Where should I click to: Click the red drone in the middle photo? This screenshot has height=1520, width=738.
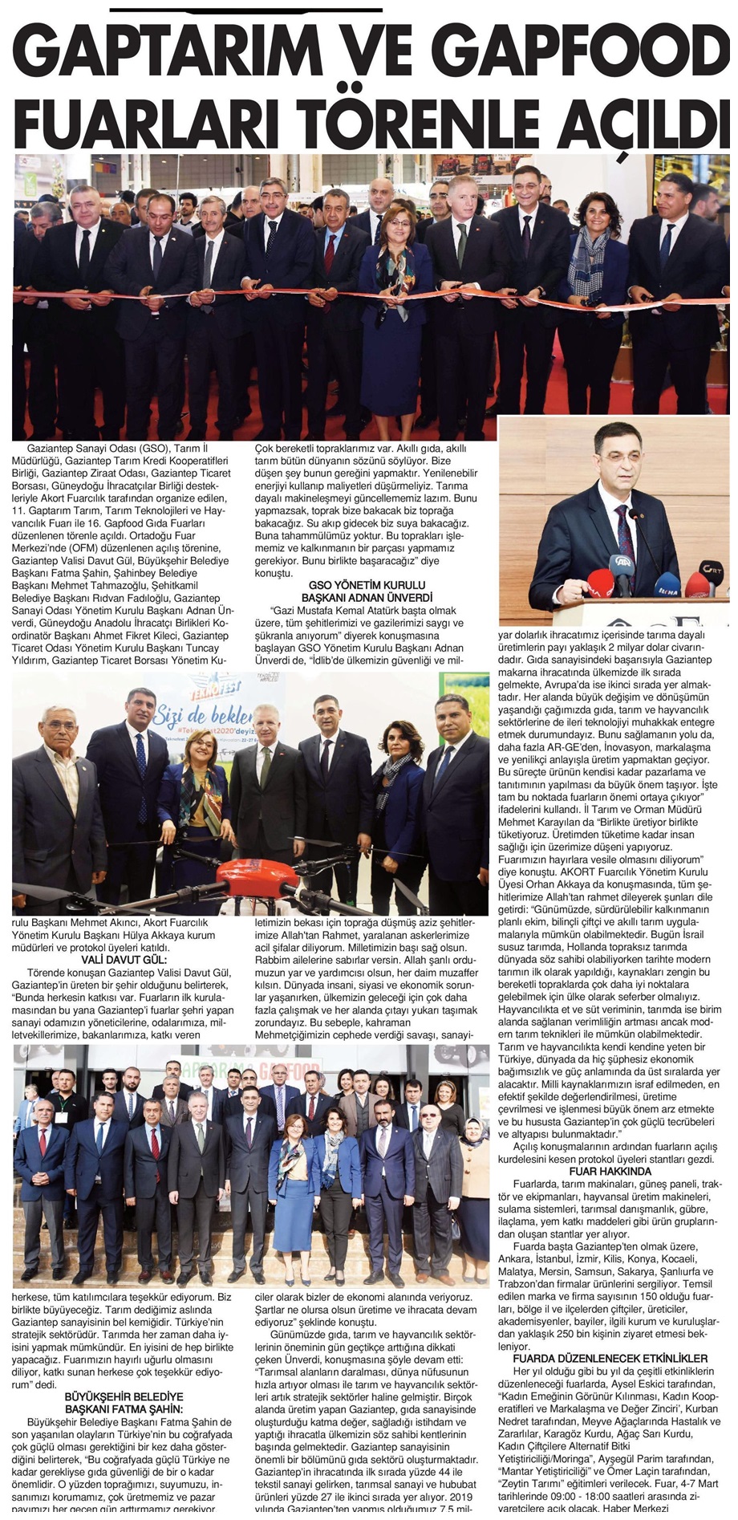tap(241, 871)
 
